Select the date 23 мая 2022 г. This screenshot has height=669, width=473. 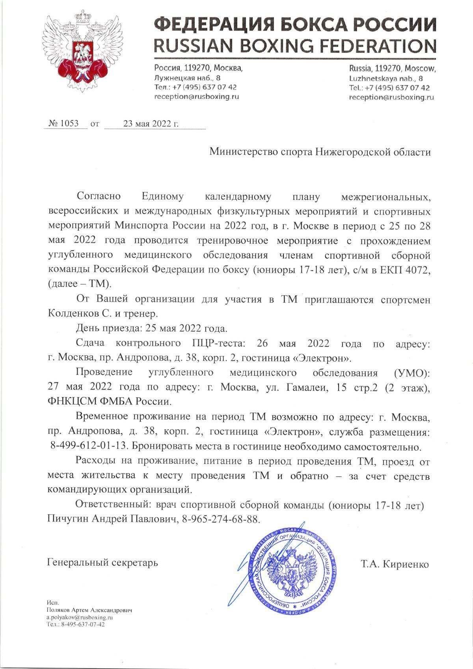(x=151, y=124)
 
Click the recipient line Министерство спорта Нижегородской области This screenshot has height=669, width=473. (x=320, y=152)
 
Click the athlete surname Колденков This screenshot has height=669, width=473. (x=74, y=314)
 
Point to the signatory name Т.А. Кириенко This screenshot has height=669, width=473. (x=394, y=564)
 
